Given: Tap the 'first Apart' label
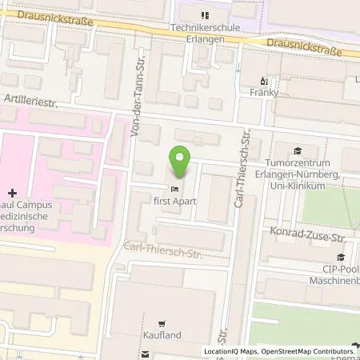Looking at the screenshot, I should point(176,202).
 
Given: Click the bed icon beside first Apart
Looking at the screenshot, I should point(175,188).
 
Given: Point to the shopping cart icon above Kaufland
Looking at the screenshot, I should point(162,325).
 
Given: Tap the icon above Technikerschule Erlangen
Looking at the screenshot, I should point(205,15).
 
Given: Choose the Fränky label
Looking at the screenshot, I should point(265,94).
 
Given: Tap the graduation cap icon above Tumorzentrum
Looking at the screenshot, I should point(298,150).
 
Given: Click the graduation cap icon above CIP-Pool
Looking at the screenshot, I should point(341,257).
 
